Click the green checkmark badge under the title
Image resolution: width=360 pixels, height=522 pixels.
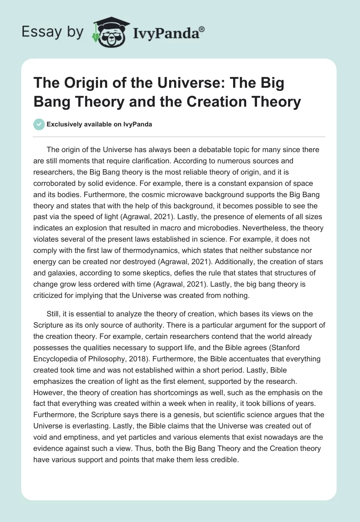click(39, 124)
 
